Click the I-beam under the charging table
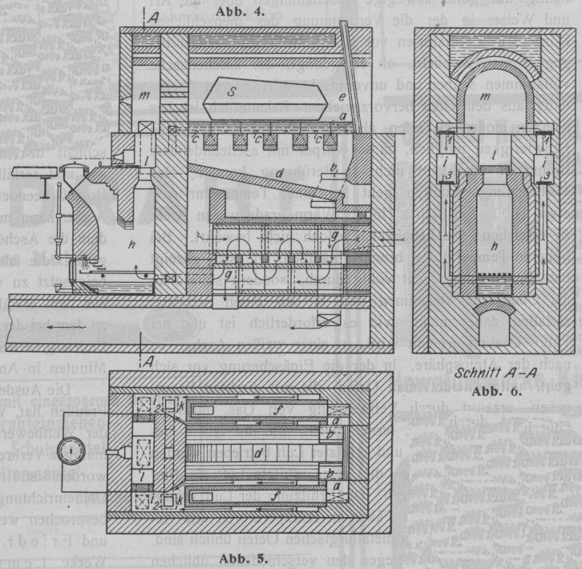tap(44, 186)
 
